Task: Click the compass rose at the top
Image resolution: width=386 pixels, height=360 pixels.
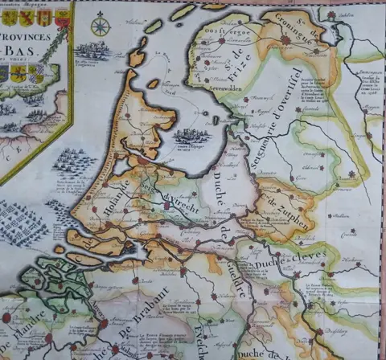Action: [100, 25]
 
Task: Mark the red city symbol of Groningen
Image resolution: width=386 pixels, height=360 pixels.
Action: [286, 38]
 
